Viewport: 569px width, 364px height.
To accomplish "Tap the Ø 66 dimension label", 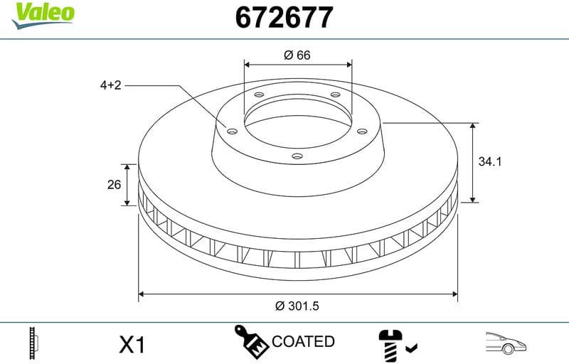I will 297,55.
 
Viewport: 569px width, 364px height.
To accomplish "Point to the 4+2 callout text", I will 111,85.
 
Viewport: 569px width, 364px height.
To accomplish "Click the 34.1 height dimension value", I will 490,162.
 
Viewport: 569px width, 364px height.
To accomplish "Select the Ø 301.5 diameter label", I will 297,306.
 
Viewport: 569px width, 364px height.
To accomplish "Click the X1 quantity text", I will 132,346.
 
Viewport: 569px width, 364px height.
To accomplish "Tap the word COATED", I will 303,342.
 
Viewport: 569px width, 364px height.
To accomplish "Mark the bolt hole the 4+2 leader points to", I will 232,129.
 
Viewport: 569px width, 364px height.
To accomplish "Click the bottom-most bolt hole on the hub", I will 297,157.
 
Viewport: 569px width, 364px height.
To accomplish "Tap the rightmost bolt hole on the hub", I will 362,130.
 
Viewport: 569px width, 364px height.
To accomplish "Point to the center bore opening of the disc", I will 297,124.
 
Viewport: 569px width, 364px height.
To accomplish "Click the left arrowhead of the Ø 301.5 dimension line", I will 142,293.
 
